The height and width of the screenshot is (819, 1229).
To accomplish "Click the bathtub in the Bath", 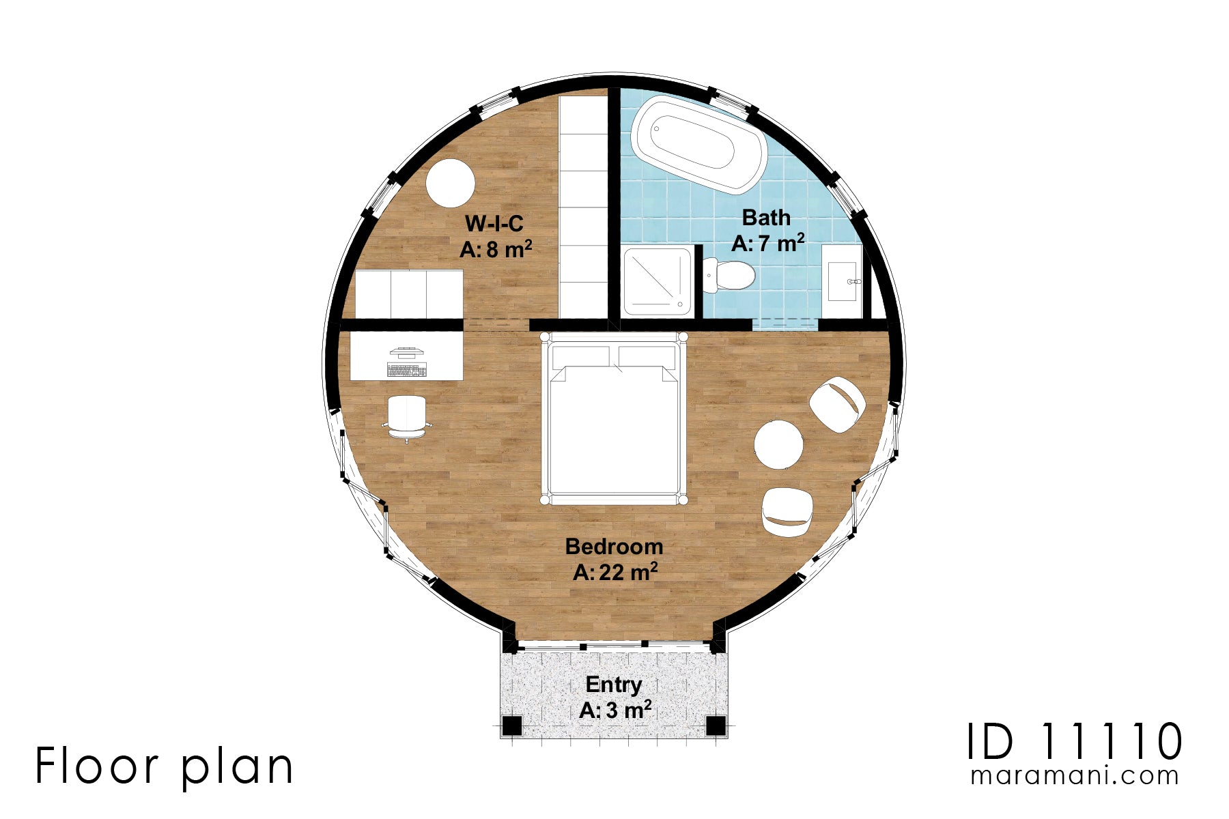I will coord(698,144).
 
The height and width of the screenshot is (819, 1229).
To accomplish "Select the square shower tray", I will coord(657,281).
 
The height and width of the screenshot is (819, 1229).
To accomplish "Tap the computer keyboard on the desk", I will coord(407,371).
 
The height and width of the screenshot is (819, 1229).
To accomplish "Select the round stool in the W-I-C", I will coord(450,183).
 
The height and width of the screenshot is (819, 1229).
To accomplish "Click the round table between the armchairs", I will coord(778,444).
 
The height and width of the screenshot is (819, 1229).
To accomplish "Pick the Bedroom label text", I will coord(614,547).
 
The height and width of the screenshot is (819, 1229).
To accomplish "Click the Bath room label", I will coord(766,218).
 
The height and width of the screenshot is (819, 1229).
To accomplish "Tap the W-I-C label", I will coord(494,224).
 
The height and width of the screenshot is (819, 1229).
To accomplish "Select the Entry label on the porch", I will coord(613,685).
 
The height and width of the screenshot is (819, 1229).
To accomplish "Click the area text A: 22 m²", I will coord(614,572).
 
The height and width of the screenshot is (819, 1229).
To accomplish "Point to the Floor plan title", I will coord(164,766).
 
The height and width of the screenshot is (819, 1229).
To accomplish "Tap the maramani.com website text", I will coord(1074,776).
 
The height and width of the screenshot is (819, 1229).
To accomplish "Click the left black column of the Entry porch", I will coord(511,725).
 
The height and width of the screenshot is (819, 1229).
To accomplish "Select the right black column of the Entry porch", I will coord(715,725).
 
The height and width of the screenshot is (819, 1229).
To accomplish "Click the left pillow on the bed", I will coord(580,357).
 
